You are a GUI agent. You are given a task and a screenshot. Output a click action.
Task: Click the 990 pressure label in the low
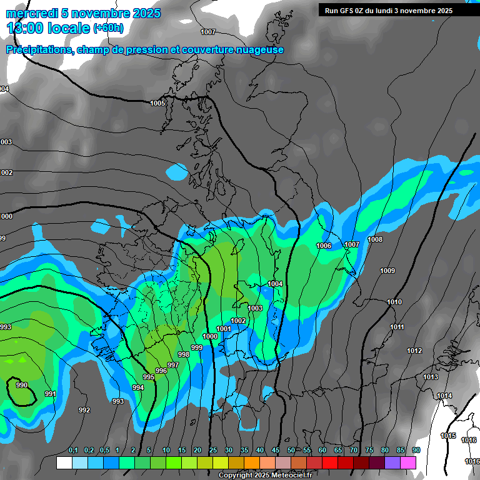[22, 385]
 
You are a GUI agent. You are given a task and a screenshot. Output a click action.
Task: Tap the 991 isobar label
[51, 394]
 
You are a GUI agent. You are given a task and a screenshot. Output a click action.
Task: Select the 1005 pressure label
[157, 103]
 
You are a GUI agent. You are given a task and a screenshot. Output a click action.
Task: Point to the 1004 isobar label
[275, 284]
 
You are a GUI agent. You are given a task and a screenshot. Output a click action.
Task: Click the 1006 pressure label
[324, 246]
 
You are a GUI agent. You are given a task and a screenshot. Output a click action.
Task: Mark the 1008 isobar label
[375, 239]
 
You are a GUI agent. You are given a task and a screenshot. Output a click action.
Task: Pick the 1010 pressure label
[394, 302]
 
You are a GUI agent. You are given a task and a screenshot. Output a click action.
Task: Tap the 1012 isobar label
[414, 351]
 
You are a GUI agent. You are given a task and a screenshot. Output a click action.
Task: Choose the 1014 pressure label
[444, 396]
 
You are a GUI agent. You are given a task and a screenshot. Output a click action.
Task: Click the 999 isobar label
[196, 347]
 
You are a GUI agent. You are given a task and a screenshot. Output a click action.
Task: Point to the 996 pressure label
[161, 371]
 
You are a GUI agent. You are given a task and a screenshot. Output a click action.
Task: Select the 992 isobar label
[84, 410]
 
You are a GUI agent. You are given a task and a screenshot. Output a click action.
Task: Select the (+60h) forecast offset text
[108, 29]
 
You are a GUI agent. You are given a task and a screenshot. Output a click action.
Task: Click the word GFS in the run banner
[349, 11]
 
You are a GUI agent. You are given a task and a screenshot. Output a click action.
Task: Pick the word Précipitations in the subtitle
[37, 50]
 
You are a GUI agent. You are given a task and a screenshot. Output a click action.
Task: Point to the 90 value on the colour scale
[416, 450]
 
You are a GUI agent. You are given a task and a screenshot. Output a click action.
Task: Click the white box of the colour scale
[64, 462]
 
